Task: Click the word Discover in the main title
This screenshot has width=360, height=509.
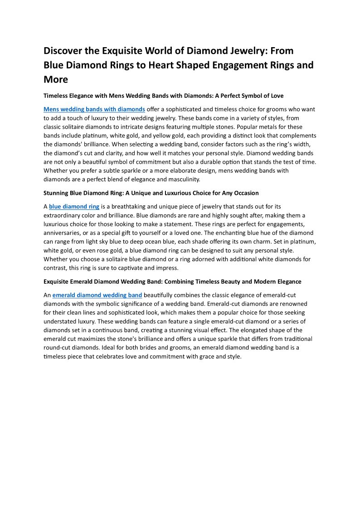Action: pos(64,51)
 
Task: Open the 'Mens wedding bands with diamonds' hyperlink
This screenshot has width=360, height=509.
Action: pos(94,109)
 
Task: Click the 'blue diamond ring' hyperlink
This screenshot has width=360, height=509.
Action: pos(74,206)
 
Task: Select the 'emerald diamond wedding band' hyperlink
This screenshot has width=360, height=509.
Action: pos(97,295)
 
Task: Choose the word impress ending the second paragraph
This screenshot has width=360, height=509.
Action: pos(167,268)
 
